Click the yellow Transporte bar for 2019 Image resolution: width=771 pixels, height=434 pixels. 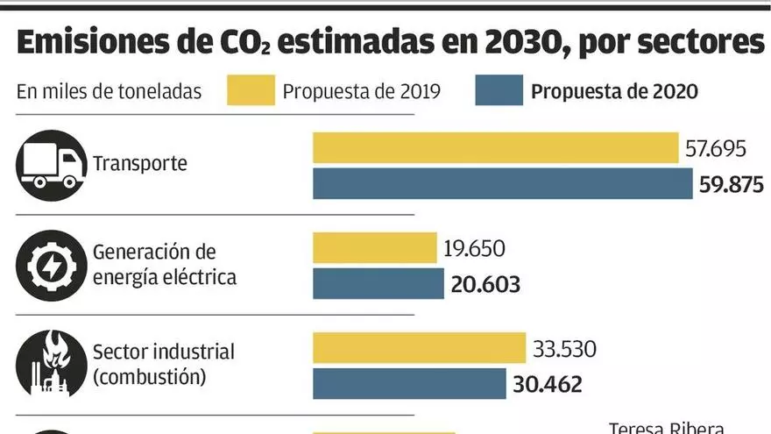point(496,148)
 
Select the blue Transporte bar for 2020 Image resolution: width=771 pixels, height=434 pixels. point(503,184)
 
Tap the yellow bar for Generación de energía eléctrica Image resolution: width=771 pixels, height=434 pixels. point(374,248)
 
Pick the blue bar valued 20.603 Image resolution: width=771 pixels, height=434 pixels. point(378,284)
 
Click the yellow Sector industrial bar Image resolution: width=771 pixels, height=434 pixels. point(419,348)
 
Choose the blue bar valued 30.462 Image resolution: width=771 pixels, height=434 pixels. point(409,384)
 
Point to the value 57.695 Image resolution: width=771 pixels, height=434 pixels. point(715,148)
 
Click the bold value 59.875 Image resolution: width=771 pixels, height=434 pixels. point(732,185)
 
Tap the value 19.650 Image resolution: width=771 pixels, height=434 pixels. point(474,248)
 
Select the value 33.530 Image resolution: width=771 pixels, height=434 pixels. point(563,348)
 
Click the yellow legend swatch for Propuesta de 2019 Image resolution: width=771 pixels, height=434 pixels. point(251,90)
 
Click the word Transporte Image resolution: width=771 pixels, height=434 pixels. point(140,164)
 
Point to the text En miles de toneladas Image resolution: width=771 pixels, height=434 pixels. point(109,91)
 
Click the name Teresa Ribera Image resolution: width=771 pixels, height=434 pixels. point(667,428)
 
